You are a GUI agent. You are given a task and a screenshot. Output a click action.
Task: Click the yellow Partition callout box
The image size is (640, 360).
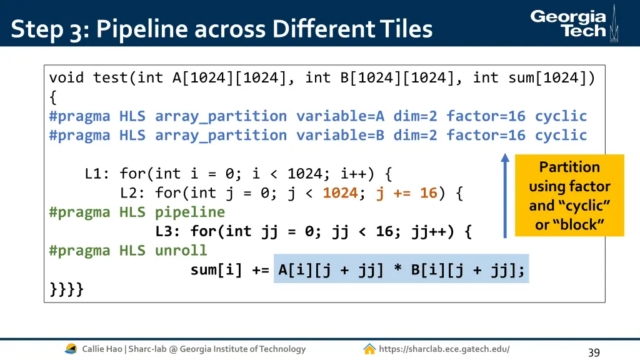[x=569, y=196]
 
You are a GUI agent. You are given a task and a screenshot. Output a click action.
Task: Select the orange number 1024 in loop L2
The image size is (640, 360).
[x=340, y=193]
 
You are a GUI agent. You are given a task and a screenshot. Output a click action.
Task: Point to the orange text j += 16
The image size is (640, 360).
[x=406, y=193]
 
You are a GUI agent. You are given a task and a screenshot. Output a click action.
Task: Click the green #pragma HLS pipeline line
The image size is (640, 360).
[x=137, y=212]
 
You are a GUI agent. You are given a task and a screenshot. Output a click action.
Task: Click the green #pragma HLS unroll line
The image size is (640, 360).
[x=128, y=251]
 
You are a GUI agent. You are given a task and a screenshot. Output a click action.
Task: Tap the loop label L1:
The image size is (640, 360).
[x=97, y=174]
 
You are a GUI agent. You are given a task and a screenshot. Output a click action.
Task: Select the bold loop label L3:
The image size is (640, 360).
[x=168, y=232]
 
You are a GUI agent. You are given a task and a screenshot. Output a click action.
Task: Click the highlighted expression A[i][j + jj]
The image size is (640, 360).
[x=331, y=270]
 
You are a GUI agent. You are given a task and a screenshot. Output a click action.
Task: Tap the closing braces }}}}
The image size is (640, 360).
[x=66, y=289]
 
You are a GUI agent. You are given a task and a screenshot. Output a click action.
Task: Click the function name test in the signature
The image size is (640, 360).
[x=110, y=77]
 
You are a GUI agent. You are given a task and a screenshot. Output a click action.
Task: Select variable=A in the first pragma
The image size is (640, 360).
[x=340, y=116]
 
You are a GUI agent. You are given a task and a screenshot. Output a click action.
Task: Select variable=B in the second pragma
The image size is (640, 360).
[x=340, y=135]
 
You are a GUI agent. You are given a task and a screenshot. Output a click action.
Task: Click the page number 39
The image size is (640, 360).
[x=594, y=352]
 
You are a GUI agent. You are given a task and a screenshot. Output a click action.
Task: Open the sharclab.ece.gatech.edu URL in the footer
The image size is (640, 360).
[x=444, y=349]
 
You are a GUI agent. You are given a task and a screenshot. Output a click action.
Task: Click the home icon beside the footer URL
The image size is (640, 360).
[x=369, y=349]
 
